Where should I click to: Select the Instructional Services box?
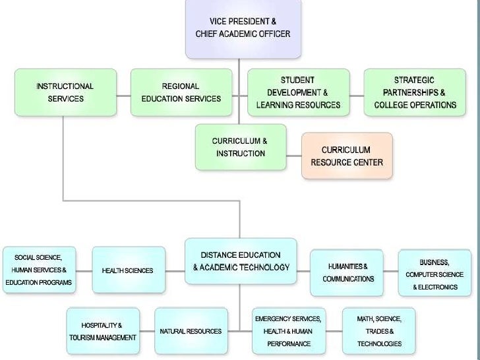65,92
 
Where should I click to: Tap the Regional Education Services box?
181,92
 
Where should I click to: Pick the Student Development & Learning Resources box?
297,92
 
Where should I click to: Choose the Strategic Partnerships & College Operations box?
415,92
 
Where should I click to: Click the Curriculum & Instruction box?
241,147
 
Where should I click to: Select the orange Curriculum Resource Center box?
346,156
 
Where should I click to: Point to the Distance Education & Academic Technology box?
241,261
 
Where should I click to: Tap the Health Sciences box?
127,270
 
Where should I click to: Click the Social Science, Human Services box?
38,270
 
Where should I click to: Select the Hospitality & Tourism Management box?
102,331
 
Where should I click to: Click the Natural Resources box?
191,331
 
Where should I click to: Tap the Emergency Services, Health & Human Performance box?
288,331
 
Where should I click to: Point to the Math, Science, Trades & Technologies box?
378,331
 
